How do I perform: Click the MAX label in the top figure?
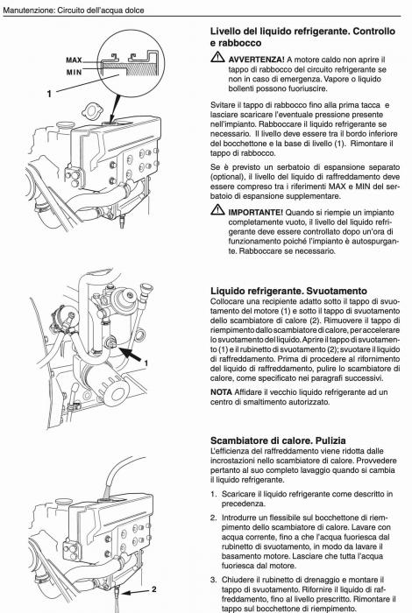click(74, 60)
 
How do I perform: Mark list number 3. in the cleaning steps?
click(215, 579)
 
